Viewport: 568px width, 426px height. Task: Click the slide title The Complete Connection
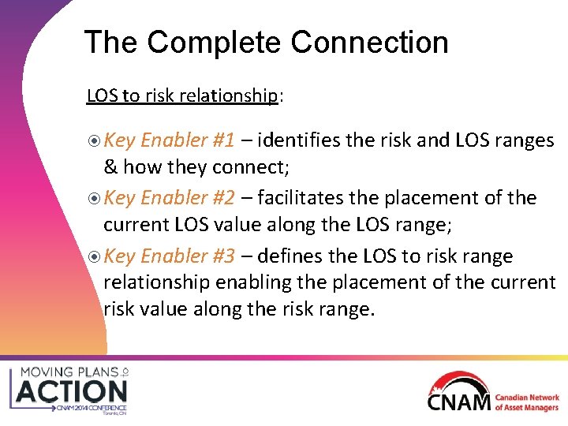[266, 43]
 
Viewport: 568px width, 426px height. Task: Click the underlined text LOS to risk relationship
[181, 96]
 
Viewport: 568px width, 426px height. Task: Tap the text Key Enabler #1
[169, 140]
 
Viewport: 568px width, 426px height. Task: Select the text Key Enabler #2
[169, 198]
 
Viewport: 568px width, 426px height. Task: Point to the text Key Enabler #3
[169, 256]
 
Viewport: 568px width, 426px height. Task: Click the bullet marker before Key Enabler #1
[93, 141]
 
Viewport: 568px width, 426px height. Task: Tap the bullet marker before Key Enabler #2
[93, 199]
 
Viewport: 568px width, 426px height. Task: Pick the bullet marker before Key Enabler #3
[93, 256]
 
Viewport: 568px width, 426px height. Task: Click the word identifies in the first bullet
[298, 140]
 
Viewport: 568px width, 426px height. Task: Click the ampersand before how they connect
[110, 167]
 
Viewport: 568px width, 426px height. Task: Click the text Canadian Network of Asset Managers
[527, 402]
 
